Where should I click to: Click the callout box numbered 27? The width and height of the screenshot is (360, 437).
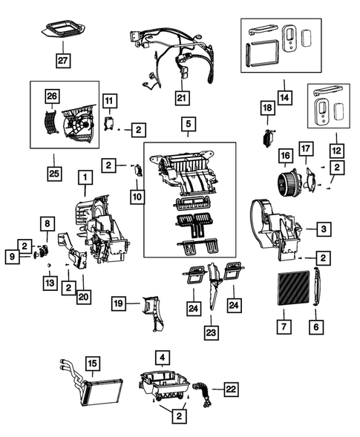(63, 60)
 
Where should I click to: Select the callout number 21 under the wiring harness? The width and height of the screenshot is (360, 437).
(183, 98)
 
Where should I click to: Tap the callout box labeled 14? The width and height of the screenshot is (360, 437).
(285, 97)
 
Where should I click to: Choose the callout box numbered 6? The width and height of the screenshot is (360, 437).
(316, 326)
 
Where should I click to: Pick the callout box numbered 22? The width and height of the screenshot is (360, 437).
(231, 389)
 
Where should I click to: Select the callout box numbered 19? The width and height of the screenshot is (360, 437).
(119, 303)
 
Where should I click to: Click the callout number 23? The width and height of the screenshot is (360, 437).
(211, 333)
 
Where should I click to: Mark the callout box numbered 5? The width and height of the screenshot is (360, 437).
(189, 124)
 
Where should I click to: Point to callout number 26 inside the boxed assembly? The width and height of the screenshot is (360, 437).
(52, 96)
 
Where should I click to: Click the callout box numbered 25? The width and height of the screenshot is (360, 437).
(54, 174)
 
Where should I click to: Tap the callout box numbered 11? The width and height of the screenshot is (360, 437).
(110, 101)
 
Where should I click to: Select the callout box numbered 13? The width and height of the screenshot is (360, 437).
(50, 283)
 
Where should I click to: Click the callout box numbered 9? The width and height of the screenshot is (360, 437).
(13, 257)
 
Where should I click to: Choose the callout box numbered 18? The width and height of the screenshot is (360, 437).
(268, 108)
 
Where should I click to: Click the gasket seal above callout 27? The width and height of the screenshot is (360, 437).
(63, 30)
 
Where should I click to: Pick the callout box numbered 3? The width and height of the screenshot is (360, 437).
(324, 229)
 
